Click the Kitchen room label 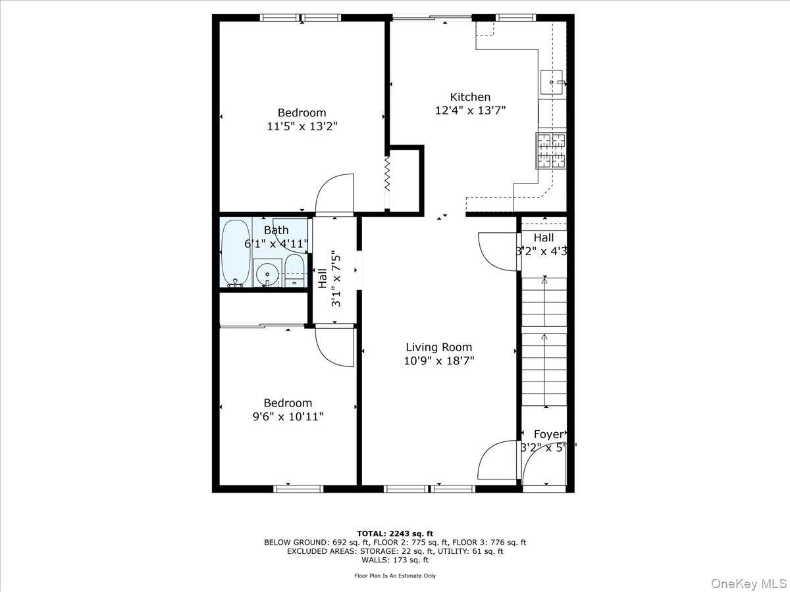coord(470,97)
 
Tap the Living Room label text coord(438,347)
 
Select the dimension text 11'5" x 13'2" coord(302,126)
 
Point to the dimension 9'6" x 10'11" coord(288,416)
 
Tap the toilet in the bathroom coord(294,271)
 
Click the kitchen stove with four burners coord(551,151)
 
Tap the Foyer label coord(548,434)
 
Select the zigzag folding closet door coord(388,173)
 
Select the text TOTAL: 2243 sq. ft coord(395,533)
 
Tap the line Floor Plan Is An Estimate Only coord(395,576)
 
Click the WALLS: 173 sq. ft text coord(395,560)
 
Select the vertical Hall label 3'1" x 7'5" coord(329,279)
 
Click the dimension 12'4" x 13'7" coord(470,111)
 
